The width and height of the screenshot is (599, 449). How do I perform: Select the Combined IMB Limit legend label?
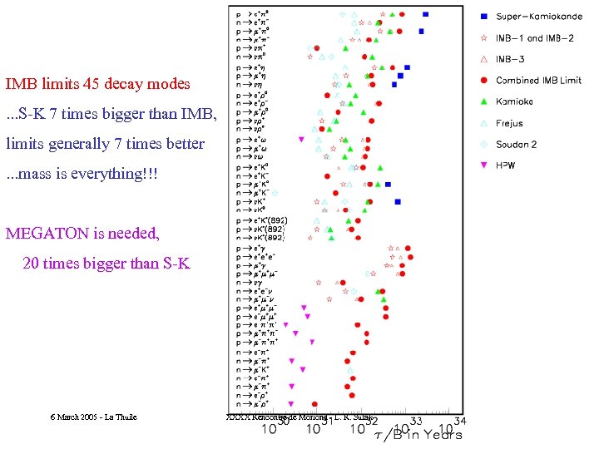click(x=538, y=81)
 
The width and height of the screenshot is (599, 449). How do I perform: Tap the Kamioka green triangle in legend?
click(x=483, y=101)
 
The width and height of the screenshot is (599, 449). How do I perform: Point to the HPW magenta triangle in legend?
click(x=483, y=165)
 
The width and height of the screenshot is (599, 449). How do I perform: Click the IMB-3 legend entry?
click(x=510, y=59)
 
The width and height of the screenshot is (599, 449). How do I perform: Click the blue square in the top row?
click(x=426, y=14)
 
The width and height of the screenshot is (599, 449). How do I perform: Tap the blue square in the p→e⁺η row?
click(x=407, y=67)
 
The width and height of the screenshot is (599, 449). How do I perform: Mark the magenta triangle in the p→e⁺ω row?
click(x=301, y=139)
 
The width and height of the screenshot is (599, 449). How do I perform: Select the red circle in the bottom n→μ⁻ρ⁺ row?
click(x=351, y=395)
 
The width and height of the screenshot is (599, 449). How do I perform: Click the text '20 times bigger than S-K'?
click(x=106, y=264)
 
